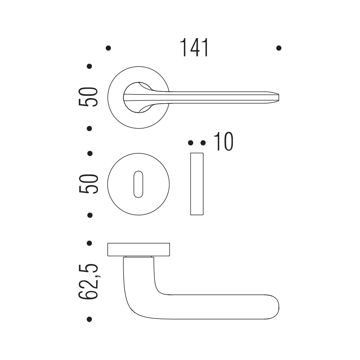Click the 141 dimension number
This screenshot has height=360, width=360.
point(194,47)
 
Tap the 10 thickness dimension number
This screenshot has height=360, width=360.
point(223,141)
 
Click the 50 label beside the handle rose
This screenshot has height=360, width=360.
point(88,97)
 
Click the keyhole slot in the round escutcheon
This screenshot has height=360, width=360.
point(138,184)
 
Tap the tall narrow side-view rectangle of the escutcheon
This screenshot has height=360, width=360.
point(197,184)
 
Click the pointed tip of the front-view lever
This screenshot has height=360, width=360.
point(278,97)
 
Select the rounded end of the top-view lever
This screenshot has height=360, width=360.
point(277,307)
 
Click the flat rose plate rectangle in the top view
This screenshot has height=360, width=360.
point(139,249)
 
